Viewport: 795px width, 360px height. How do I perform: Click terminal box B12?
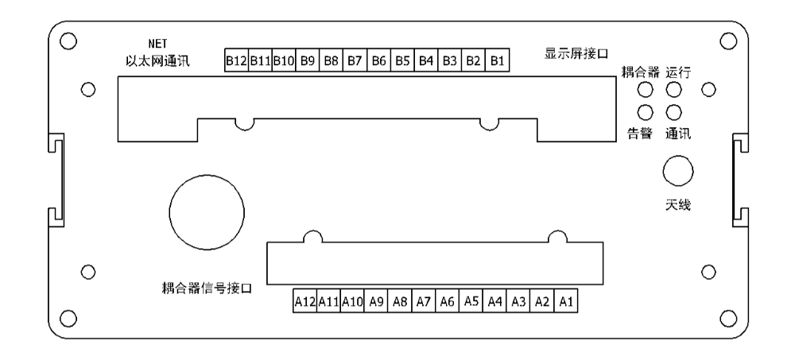pos(237,60)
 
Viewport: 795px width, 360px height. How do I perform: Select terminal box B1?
pos(498,60)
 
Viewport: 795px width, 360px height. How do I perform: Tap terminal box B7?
pos(355,60)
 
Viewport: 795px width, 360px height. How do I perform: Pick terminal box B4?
pos(426,60)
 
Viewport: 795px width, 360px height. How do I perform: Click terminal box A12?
pos(304,301)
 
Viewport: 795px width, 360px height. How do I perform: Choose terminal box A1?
pos(566,301)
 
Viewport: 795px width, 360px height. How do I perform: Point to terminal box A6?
pos(447,301)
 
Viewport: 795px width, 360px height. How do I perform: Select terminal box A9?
pos(376,301)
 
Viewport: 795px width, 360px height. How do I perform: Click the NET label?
pos(157,44)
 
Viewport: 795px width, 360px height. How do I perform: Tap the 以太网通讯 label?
pos(157,61)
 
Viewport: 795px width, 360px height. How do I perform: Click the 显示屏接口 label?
pos(576,53)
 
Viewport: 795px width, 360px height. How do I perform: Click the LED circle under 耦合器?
pos(645,91)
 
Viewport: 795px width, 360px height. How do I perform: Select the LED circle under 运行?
pos(674,91)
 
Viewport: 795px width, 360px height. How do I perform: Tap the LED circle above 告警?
pos(645,112)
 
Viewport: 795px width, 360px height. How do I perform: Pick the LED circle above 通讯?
pos(674,112)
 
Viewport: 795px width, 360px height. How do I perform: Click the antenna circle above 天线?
pos(678,172)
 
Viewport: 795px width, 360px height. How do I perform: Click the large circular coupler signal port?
pos(207,212)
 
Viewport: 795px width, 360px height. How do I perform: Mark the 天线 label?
pos(678,205)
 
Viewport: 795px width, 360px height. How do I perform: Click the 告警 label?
pos(640,134)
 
